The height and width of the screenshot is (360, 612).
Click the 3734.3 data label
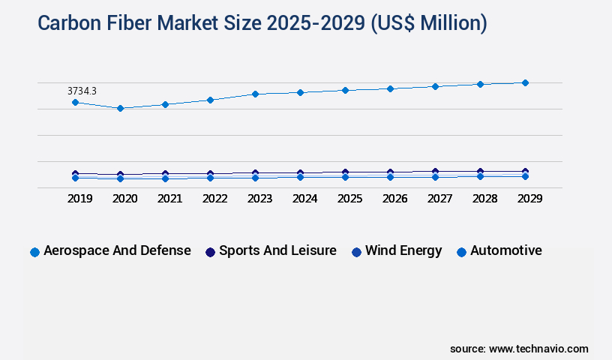[82, 91]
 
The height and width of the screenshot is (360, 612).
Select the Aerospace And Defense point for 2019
[75, 102]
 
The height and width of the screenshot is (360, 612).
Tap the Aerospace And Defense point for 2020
[120, 108]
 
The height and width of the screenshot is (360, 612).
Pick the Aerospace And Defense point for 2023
[255, 94]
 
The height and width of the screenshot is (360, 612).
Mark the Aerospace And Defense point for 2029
[525, 82]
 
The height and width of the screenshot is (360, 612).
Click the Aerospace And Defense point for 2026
[390, 88]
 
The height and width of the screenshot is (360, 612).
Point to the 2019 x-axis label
[79, 199]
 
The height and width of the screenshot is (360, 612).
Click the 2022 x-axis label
[214, 199]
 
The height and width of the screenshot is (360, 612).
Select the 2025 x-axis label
[349, 199]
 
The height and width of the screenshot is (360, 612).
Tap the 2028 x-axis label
[484, 199]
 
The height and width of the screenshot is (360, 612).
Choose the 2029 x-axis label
[529, 199]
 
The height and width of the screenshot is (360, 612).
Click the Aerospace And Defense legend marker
[34, 252]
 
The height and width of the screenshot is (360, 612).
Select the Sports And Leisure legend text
[277, 250]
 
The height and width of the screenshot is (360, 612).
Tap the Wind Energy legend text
[403, 250]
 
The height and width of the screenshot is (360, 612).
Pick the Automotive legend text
[505, 250]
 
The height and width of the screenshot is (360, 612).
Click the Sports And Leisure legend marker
[210, 252]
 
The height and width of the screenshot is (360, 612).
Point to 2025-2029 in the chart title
[319, 23]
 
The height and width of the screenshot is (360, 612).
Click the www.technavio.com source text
[538, 349]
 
